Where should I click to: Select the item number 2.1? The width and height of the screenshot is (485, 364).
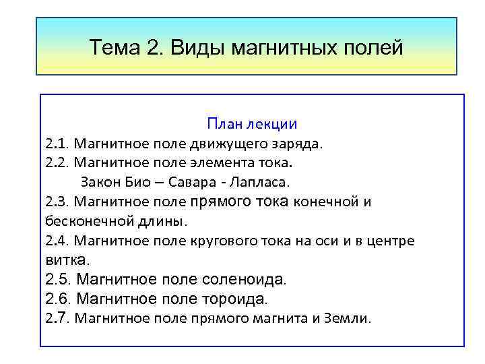(57, 144)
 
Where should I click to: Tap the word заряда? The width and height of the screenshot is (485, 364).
(301, 144)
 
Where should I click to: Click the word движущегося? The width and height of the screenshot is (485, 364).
(228, 144)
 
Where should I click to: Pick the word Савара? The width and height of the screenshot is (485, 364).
(193, 182)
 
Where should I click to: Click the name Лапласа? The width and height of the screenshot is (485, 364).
(259, 182)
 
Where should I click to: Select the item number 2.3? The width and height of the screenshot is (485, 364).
(57, 202)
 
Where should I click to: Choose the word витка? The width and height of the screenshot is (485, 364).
(66, 260)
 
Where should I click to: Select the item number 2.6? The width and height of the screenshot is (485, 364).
(59, 299)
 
